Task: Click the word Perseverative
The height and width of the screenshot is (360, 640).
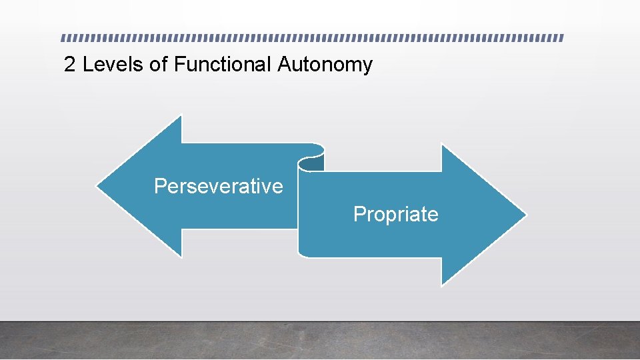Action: click(218, 186)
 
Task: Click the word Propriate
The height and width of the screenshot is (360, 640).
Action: click(395, 214)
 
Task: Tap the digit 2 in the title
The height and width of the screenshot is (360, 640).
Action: click(69, 65)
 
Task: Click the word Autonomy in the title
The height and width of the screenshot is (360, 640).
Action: click(325, 65)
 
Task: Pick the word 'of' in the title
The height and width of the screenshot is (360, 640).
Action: click(159, 65)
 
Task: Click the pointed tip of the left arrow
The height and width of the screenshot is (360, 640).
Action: click(97, 186)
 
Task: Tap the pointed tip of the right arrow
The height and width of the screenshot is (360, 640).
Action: click(525, 215)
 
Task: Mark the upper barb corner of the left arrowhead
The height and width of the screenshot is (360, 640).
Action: click(181, 116)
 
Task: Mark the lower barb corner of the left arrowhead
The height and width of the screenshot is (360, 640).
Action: click(181, 257)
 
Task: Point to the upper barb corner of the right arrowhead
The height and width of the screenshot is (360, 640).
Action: click(442, 145)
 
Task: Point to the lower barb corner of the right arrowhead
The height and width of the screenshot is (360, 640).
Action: click(442, 285)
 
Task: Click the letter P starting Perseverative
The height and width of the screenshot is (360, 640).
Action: click(160, 186)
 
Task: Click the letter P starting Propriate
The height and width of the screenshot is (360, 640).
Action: click(359, 214)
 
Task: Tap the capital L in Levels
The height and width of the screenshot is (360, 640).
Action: click(87, 65)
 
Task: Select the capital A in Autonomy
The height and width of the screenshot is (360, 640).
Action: click(284, 65)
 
